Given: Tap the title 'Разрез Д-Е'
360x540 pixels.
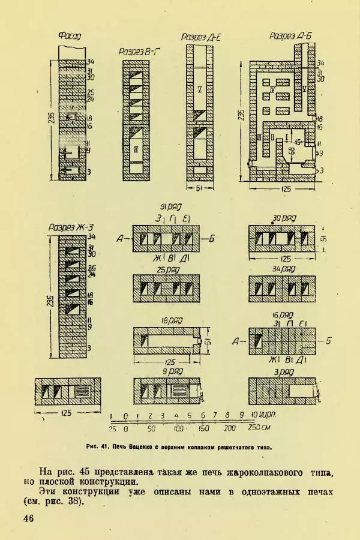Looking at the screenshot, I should tap(202, 37).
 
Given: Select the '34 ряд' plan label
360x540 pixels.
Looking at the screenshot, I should tap(282, 268).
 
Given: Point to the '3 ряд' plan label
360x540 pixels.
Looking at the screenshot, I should tap(282, 371).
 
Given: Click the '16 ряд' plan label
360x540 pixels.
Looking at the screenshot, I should tap(281, 315).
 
